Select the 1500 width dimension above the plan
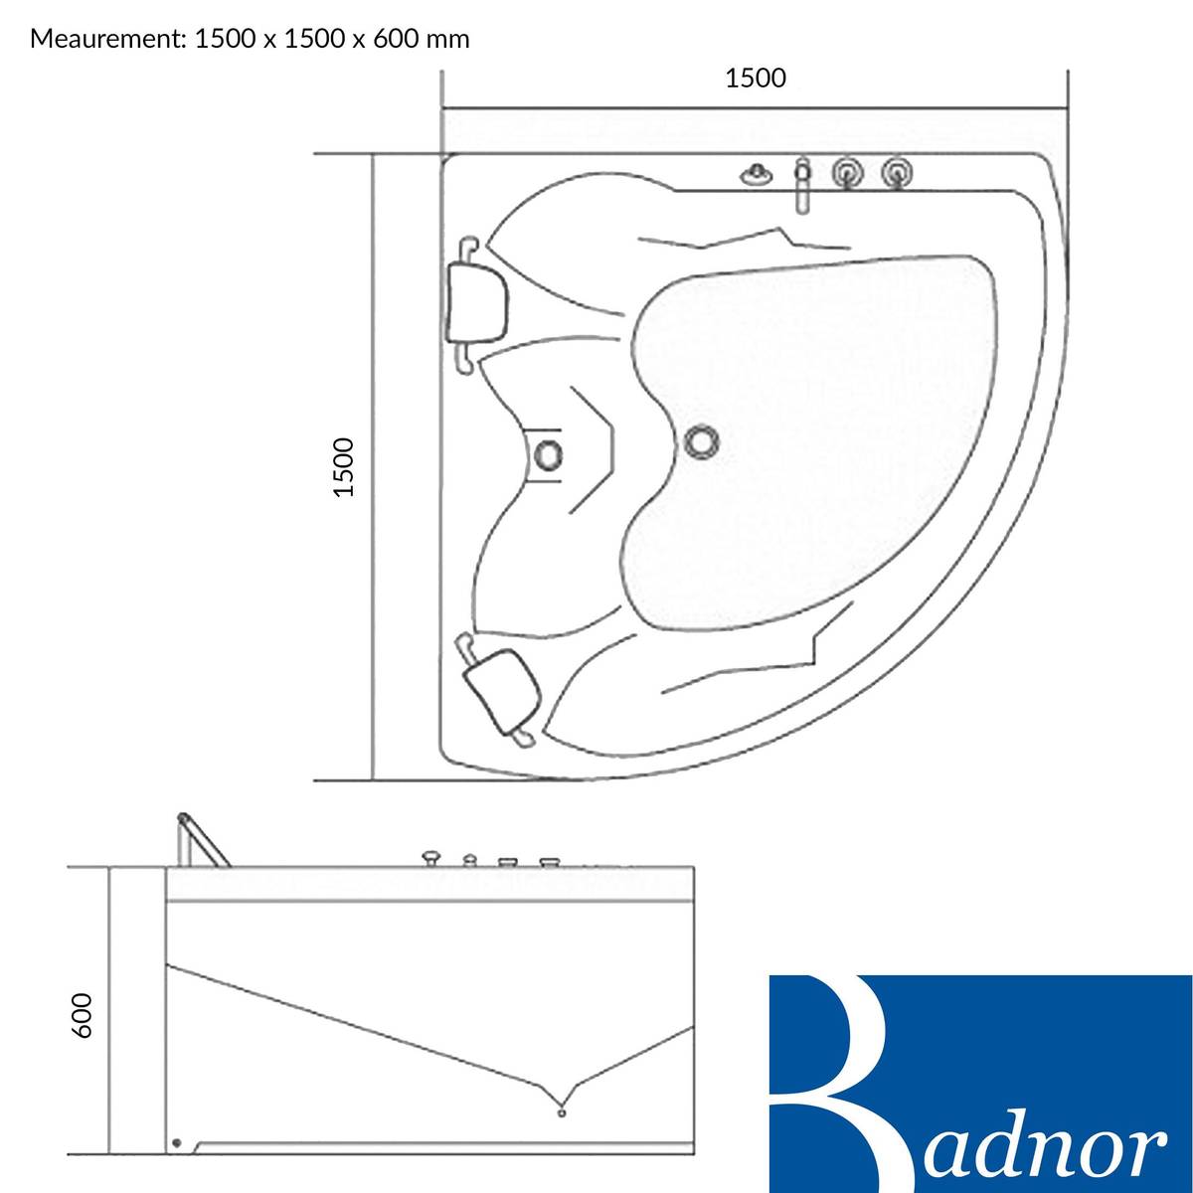[756, 78]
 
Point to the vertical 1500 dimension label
[344, 467]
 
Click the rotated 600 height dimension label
[83, 1016]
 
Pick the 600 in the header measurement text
[393, 39]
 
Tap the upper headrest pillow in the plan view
[477, 301]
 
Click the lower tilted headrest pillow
[503, 688]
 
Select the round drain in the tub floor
[703, 440]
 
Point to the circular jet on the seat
[549, 455]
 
